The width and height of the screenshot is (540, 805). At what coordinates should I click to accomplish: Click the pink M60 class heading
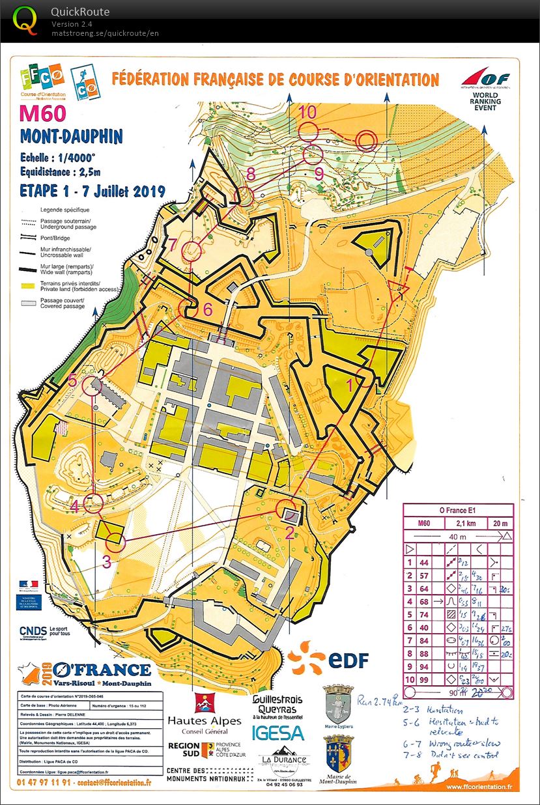[42, 113]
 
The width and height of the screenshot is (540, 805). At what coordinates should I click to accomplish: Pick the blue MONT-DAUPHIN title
[71, 137]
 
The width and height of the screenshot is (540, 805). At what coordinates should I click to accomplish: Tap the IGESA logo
[279, 732]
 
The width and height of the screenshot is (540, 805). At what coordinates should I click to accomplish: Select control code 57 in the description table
[424, 575]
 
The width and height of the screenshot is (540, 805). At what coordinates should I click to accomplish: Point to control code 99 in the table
[424, 679]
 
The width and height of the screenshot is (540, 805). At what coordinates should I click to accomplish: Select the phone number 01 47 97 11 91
[40, 782]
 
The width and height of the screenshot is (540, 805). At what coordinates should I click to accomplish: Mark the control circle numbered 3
[115, 540]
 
